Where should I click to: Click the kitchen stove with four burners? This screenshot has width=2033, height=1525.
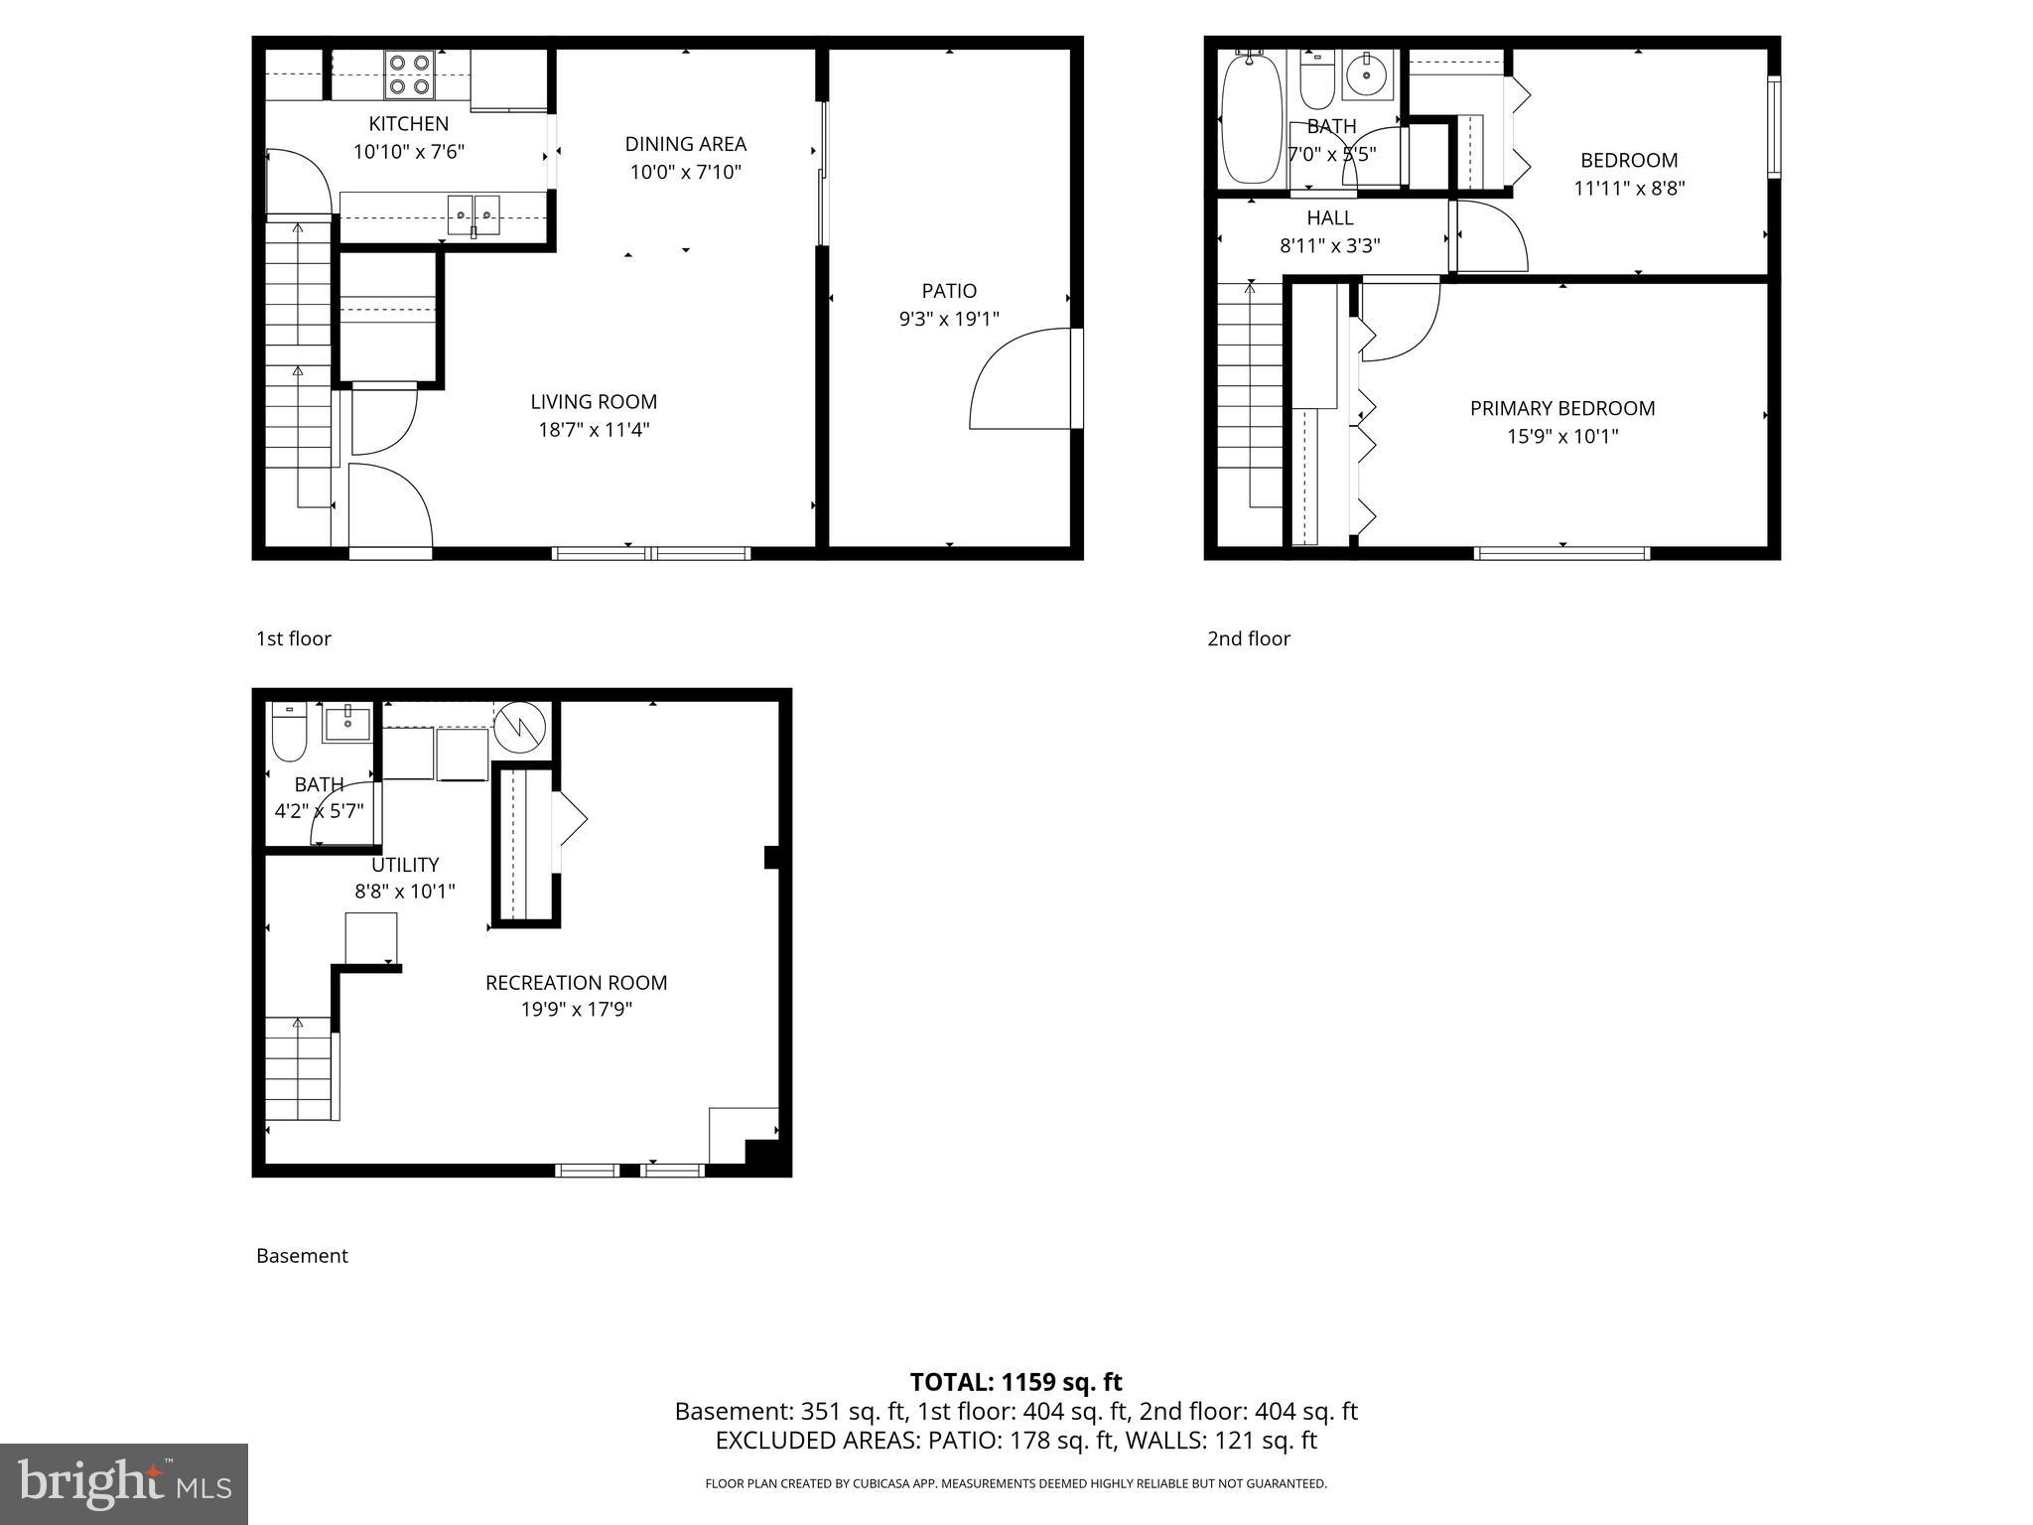[410, 74]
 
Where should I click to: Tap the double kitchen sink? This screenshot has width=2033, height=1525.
[474, 213]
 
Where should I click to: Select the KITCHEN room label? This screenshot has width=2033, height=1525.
[408, 124]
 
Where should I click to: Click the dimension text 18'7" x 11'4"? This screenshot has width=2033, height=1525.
[594, 430]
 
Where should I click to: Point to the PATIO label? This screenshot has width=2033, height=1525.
[949, 291]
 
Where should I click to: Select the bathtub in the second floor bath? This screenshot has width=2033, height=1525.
[1251, 119]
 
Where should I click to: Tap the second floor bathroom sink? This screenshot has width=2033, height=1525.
[1368, 74]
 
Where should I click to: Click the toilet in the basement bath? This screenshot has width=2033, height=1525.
[290, 733]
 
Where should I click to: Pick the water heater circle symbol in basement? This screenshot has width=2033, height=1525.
[520, 728]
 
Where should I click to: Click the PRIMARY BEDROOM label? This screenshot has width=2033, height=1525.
[1561, 408]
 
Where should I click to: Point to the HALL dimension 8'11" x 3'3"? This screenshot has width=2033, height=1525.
[1329, 245]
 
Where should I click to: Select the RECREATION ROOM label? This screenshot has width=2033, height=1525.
[576, 983]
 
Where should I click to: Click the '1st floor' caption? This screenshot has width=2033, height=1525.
[294, 638]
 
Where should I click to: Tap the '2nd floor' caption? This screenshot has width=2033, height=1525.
[1248, 638]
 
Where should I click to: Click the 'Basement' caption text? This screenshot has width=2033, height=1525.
[302, 1256]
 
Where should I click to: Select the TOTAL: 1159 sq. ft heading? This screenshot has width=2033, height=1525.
[1016, 1382]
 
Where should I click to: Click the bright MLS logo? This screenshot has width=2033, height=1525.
[124, 1483]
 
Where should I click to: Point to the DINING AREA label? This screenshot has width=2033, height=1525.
[685, 144]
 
